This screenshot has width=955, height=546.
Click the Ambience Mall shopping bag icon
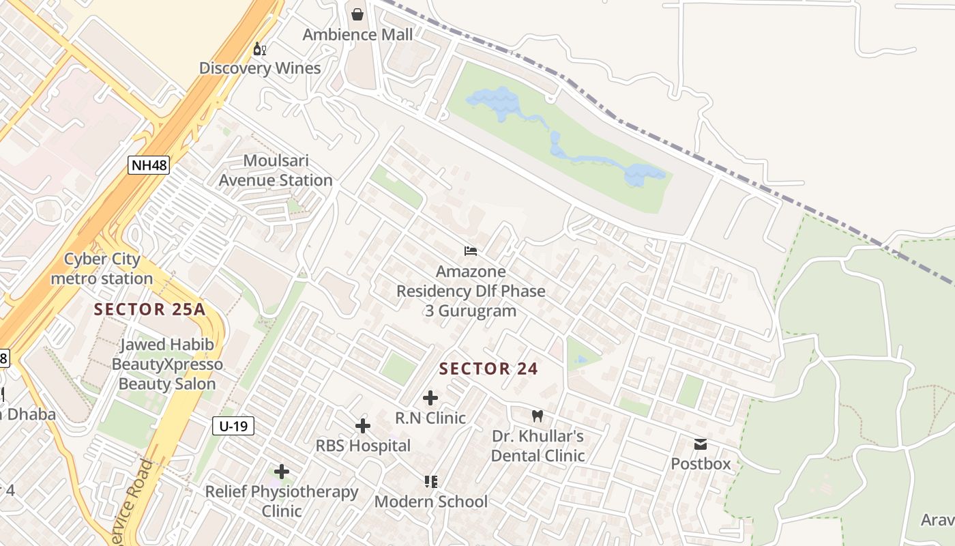point(357,14)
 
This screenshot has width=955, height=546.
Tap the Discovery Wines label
point(260,68)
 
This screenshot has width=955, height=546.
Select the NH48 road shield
point(148,165)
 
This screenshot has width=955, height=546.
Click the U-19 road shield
point(233,427)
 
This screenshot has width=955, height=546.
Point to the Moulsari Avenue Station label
point(276,171)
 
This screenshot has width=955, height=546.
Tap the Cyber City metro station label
point(102,269)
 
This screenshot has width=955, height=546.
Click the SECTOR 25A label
point(149,309)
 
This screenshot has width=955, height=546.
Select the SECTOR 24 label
point(488,369)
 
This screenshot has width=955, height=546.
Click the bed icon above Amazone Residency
point(471,251)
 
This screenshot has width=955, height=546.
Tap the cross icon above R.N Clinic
point(430,398)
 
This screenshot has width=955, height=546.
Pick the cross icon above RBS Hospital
point(363,427)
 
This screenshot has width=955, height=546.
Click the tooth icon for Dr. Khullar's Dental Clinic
point(538,415)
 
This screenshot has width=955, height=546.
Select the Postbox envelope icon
point(701,444)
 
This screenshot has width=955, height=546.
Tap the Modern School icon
point(430,482)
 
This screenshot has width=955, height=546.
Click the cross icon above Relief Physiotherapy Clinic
point(282,472)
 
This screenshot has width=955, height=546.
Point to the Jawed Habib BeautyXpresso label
point(167,364)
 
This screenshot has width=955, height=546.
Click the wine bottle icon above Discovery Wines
point(259,48)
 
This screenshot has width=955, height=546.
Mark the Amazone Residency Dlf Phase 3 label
point(471,291)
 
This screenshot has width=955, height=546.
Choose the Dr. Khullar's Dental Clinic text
point(538,446)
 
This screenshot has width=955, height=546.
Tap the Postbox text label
point(701,464)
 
